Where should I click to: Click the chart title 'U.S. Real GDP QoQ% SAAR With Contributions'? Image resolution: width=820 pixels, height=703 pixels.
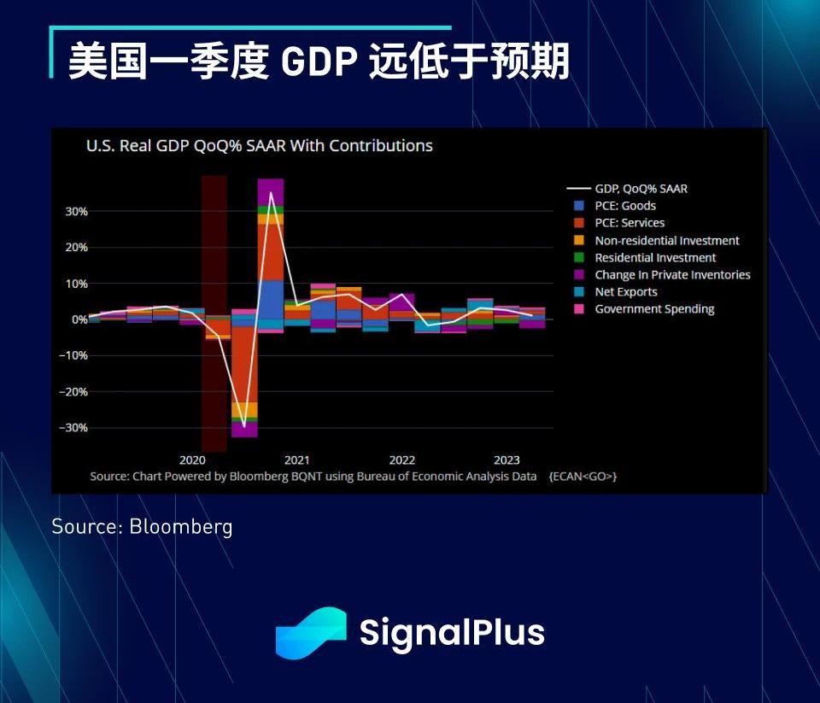(x=259, y=146)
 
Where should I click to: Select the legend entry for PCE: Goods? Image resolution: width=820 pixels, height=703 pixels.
(x=625, y=206)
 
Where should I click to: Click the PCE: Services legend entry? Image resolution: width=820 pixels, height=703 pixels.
(x=630, y=223)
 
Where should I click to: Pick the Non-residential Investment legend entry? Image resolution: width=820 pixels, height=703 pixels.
(x=667, y=241)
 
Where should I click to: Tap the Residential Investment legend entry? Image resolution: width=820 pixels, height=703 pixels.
(x=655, y=258)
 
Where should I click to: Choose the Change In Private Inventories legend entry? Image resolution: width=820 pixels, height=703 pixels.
(x=672, y=275)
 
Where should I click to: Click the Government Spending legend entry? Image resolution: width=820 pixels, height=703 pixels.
(x=654, y=309)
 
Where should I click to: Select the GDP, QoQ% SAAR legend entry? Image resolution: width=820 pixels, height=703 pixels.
(x=641, y=189)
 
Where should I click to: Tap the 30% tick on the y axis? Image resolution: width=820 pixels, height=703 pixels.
(x=77, y=211)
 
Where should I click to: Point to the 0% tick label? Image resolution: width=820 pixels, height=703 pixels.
(x=79, y=319)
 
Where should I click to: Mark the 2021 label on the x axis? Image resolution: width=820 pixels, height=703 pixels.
(x=297, y=460)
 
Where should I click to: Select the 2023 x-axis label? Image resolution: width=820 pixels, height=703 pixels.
(x=507, y=460)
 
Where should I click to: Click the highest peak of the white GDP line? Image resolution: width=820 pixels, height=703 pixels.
(x=271, y=192)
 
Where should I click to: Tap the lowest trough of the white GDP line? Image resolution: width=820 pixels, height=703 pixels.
(x=244, y=425)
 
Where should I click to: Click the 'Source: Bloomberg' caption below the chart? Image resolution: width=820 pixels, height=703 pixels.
(x=142, y=526)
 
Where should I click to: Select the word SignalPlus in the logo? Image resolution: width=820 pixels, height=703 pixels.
(x=452, y=633)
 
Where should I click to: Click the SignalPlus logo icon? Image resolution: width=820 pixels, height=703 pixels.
(x=310, y=633)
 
